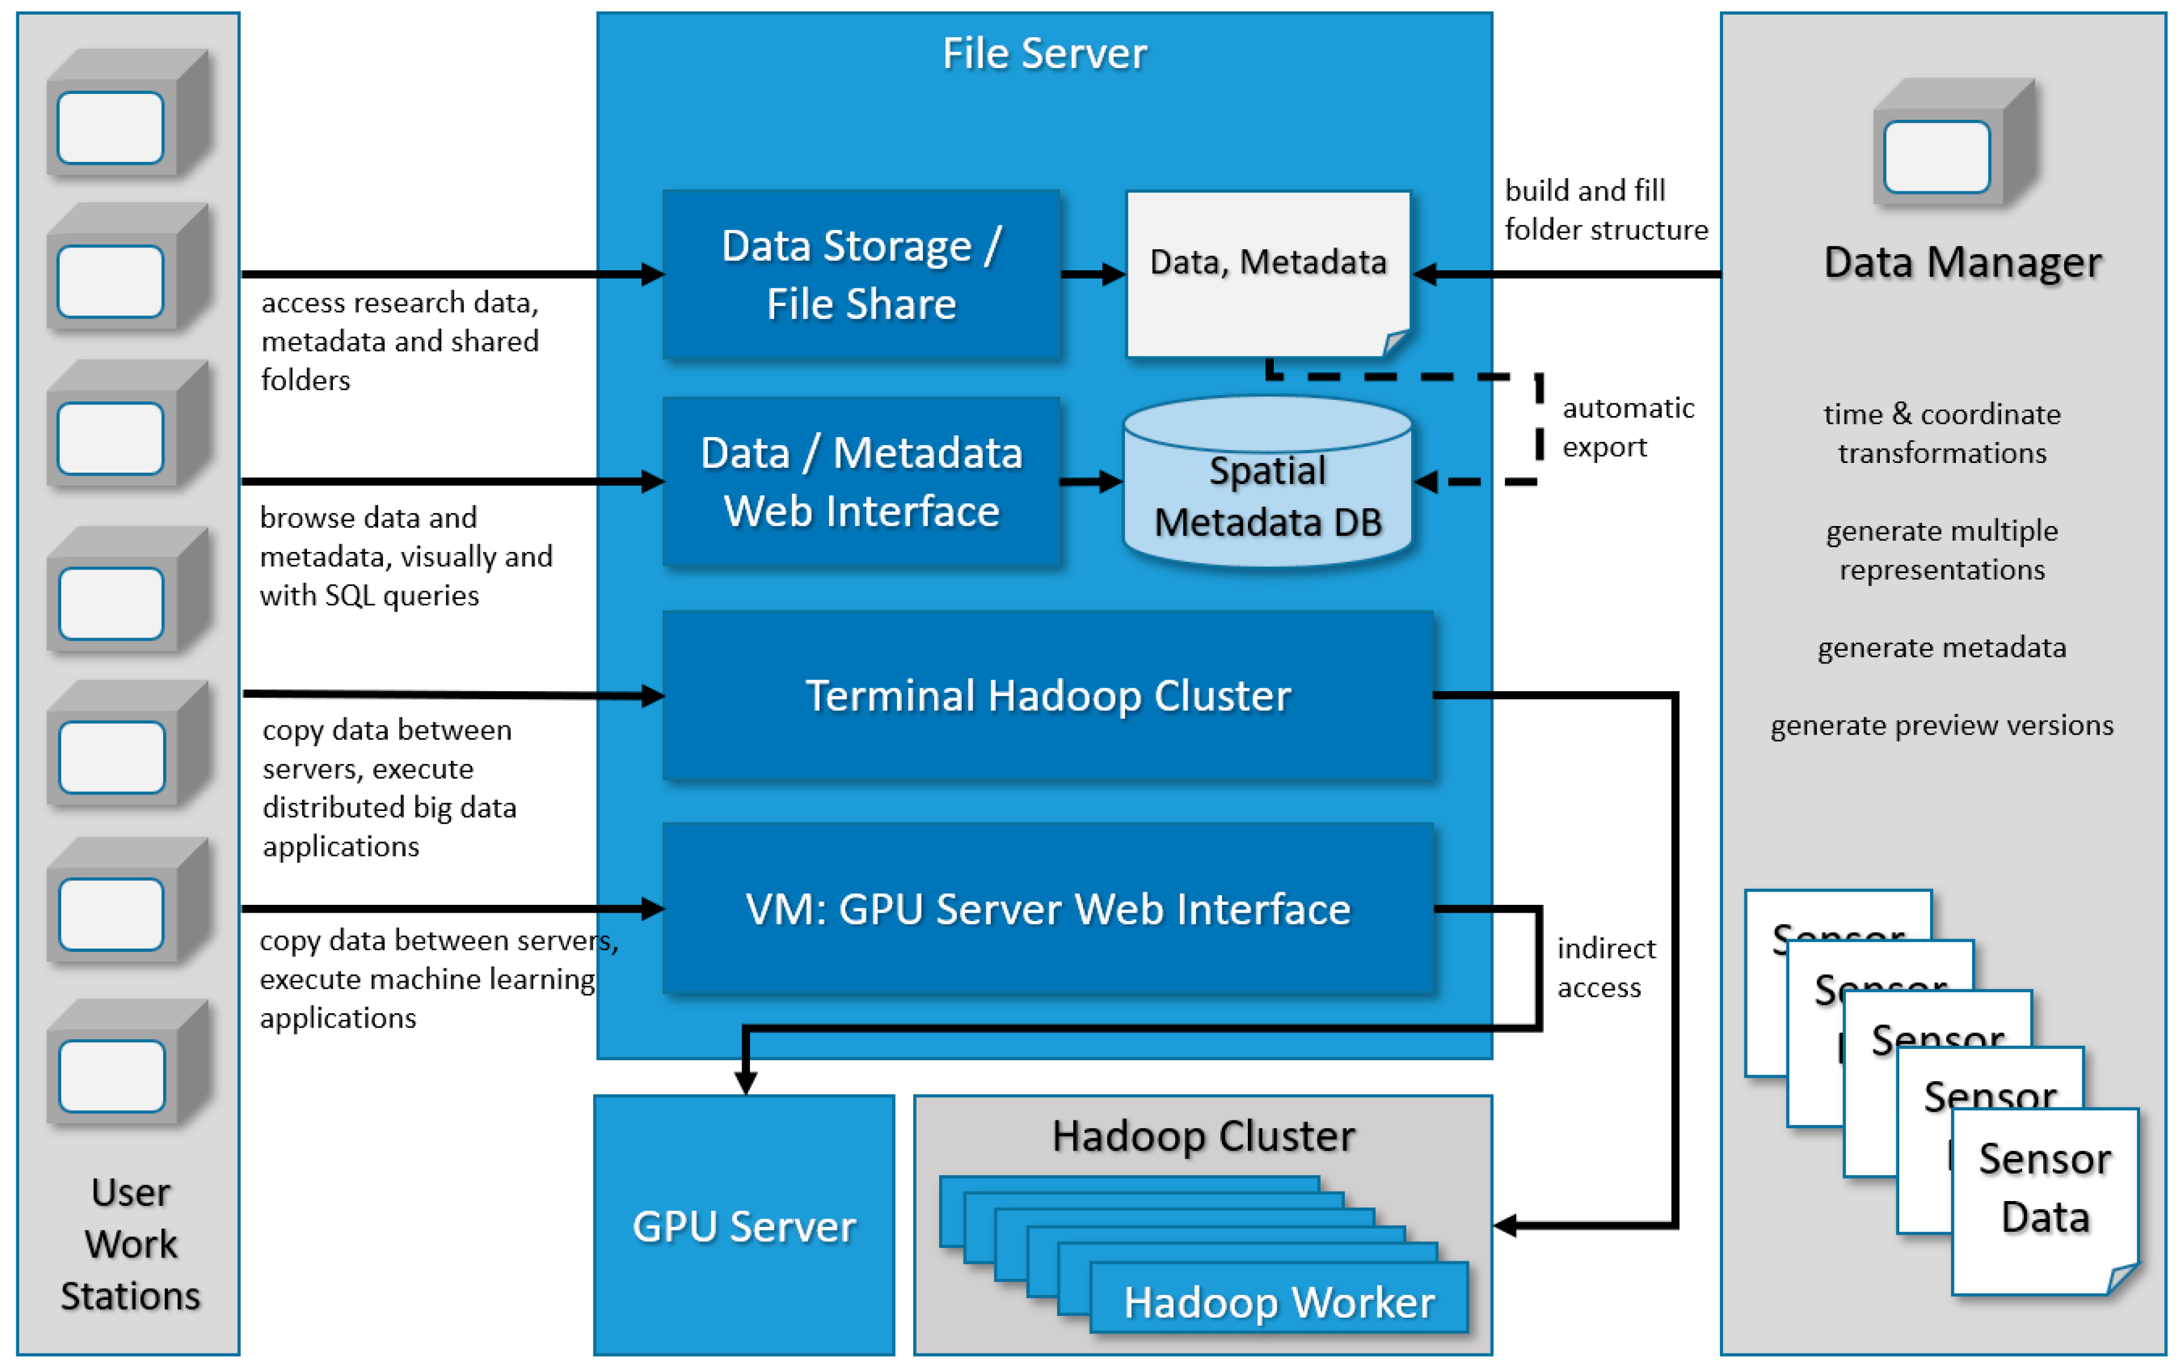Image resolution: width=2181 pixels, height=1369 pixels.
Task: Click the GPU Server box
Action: point(744,1225)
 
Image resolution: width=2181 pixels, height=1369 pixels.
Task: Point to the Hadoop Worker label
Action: point(1279,1302)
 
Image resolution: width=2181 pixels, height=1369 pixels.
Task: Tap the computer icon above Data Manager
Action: point(1954,141)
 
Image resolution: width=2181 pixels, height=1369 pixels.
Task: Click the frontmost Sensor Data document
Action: point(2045,1200)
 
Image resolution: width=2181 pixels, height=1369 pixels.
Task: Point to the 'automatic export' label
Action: point(1628,427)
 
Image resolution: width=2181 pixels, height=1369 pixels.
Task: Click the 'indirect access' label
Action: point(1606,967)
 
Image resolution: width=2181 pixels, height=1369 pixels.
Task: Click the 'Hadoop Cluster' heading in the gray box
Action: point(1203,1135)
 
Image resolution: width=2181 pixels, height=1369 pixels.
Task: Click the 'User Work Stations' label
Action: point(131,1244)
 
